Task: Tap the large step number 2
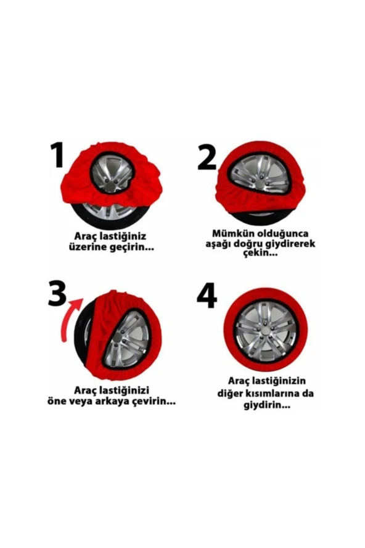(x=207, y=157)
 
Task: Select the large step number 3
(x=57, y=294)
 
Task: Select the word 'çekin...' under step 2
(x=257, y=254)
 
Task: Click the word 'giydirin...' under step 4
(x=266, y=405)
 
